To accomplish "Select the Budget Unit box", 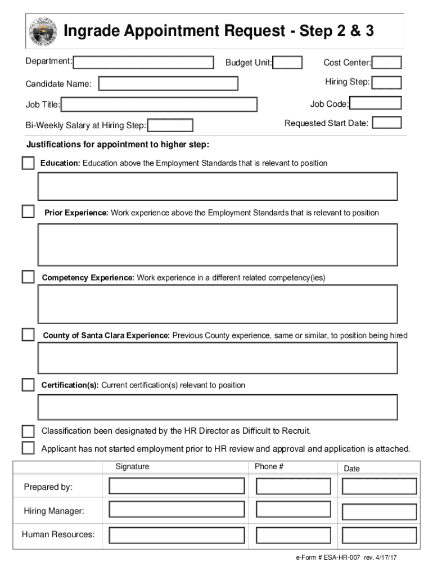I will click(288, 62).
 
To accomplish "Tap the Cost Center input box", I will click(387, 62).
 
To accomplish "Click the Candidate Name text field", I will click(168, 84).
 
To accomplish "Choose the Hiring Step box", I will click(387, 83).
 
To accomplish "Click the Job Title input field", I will click(159, 105).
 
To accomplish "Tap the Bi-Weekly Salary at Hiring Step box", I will click(170, 125).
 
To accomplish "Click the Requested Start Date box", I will click(387, 123).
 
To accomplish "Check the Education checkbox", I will click(28, 163).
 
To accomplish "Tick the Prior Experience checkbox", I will click(28, 212).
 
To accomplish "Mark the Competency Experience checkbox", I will click(28, 277).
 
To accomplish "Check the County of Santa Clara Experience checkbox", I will click(28, 335).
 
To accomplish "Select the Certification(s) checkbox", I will click(28, 385).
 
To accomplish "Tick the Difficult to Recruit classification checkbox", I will click(28, 431).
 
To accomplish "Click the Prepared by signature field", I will click(177, 486).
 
